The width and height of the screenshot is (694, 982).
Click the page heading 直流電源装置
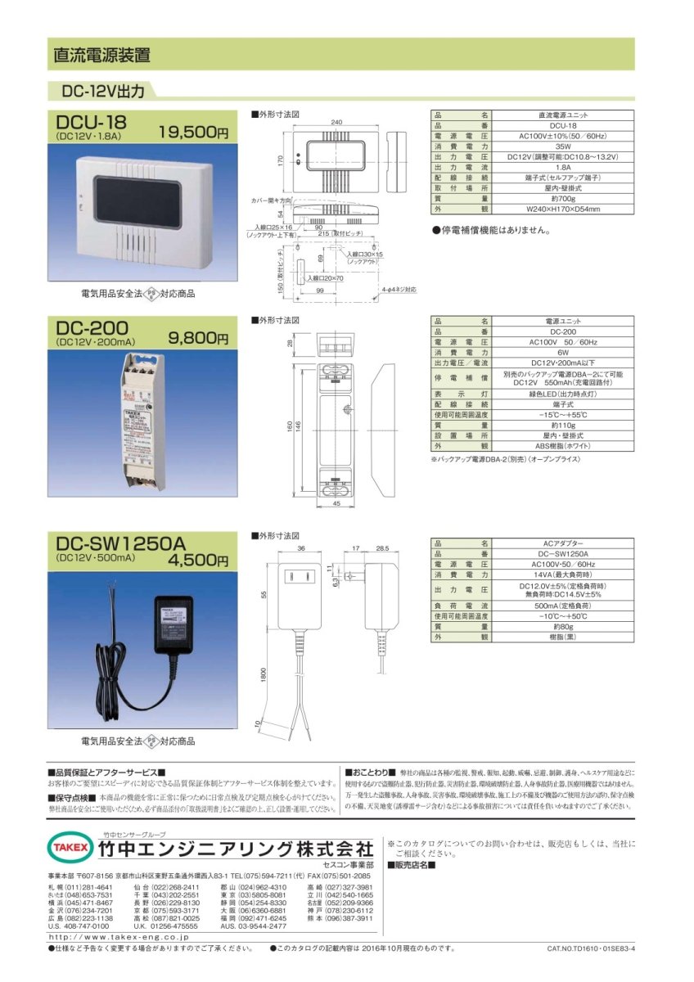[x=101, y=56]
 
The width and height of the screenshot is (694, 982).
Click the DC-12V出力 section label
[x=97, y=90]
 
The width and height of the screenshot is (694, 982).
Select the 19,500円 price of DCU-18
[x=193, y=132]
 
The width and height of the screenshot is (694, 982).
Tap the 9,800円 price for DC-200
[x=198, y=336]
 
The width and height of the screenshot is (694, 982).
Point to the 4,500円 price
[x=198, y=561]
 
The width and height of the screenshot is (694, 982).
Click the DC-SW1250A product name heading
[x=121, y=543]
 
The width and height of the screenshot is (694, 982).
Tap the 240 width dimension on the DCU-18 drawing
[x=336, y=121]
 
